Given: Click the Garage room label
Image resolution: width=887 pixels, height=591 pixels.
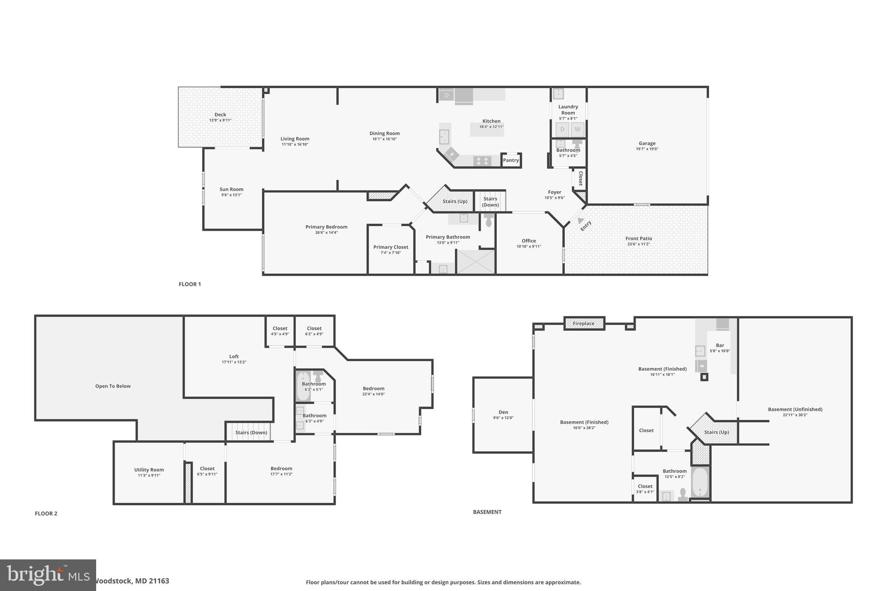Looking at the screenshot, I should pos(647,143).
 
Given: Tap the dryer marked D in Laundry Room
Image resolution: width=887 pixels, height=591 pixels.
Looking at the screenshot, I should pos(562,129).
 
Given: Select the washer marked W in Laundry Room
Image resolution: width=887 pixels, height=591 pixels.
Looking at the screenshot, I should pos(577,129).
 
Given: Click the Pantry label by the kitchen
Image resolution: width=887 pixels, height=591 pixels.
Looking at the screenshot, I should pos(511,160).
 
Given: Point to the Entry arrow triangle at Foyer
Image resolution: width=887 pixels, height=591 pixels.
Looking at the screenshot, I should pos(580,220).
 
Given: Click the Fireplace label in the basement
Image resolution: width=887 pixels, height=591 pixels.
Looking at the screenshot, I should pos(583,323).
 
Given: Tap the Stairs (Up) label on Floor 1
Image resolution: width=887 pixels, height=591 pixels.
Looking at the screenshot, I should pos(455,201).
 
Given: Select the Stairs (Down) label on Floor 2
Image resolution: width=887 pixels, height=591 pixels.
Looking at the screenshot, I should pos(251,433).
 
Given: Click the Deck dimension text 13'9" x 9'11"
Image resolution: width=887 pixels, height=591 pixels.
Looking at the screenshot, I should pos(220,120).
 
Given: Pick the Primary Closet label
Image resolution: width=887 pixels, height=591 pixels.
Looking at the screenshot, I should pos(391,247).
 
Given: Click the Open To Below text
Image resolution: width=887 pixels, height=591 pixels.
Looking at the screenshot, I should pos(113,386).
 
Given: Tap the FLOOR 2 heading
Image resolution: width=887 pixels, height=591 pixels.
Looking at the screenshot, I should pos(46,513).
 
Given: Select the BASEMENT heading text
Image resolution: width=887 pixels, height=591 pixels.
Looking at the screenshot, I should pos(487,512).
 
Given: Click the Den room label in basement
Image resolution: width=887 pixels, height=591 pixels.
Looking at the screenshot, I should pos(503,412).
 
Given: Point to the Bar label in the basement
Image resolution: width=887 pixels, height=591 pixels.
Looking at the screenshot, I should pos(720,346).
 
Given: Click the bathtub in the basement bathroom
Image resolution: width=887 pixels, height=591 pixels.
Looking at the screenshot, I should pos(699,483).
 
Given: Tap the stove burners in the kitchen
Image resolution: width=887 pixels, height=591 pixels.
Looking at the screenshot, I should pos(482,161).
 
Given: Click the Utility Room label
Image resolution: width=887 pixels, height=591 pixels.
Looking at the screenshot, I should pos(149,470).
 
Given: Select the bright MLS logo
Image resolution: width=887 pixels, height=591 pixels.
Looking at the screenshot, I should pos(48,575).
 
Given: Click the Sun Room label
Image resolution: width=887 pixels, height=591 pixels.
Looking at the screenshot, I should pos(231,189).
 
